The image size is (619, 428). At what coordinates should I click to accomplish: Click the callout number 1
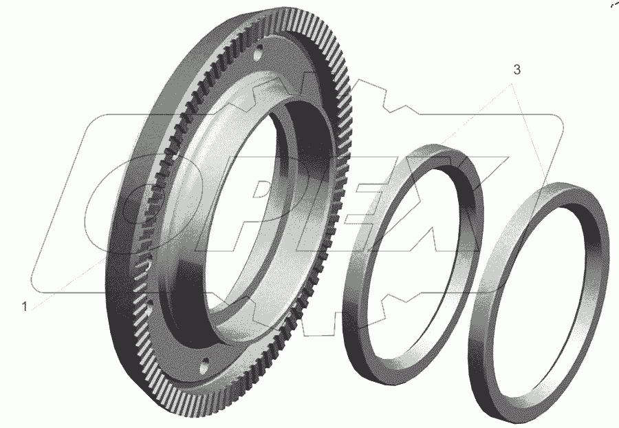point(25,306)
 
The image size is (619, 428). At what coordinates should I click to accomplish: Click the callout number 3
point(517,69)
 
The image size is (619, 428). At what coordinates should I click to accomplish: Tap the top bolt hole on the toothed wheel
point(258,53)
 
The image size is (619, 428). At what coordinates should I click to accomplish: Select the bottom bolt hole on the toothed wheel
point(204,366)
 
